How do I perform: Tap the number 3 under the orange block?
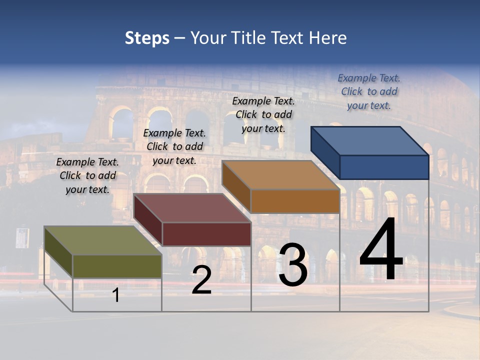pos(293,264)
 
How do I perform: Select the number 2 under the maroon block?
pos(201,280)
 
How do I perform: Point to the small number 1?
pos(115,295)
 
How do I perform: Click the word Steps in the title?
pos(147,38)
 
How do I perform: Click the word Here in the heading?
pos(328,38)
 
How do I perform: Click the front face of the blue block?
pos(384,167)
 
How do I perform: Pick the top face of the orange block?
pos(280,175)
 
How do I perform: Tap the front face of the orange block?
pos(295,201)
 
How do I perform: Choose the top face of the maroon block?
pos(192,208)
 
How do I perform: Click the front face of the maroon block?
pos(206,234)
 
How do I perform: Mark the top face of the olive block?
pos(103,240)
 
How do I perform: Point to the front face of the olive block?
pos(117,266)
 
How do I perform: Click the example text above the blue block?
pos(369,91)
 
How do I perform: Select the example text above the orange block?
pos(263,114)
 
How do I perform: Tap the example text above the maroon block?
pos(174,146)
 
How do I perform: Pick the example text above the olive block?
pos(87,175)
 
